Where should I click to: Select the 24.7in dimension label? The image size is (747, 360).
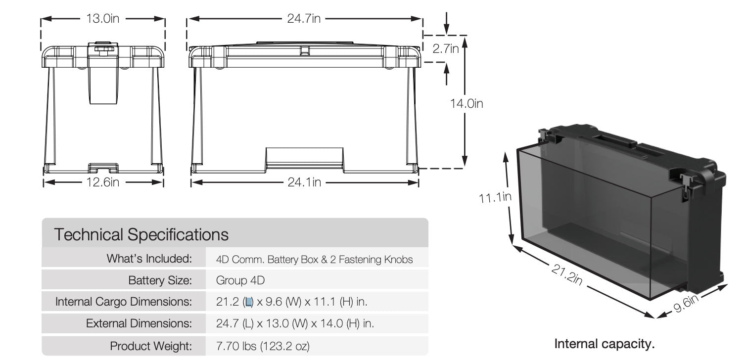(x=304, y=19)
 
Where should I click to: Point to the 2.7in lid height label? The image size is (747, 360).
(x=446, y=49)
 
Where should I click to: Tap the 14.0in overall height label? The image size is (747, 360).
(x=466, y=103)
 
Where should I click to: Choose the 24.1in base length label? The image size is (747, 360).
(x=304, y=182)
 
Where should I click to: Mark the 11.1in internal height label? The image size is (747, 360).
(x=495, y=197)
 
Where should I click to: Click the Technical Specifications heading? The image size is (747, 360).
(x=141, y=234)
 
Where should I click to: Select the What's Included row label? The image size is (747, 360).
(x=148, y=259)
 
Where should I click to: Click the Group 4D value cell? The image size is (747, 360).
(x=240, y=280)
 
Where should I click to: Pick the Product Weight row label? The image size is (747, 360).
(x=150, y=346)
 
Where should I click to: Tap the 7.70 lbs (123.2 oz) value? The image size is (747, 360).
(x=263, y=346)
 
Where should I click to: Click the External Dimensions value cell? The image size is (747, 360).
(x=295, y=324)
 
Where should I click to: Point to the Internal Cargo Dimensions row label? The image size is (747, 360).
(x=123, y=302)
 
